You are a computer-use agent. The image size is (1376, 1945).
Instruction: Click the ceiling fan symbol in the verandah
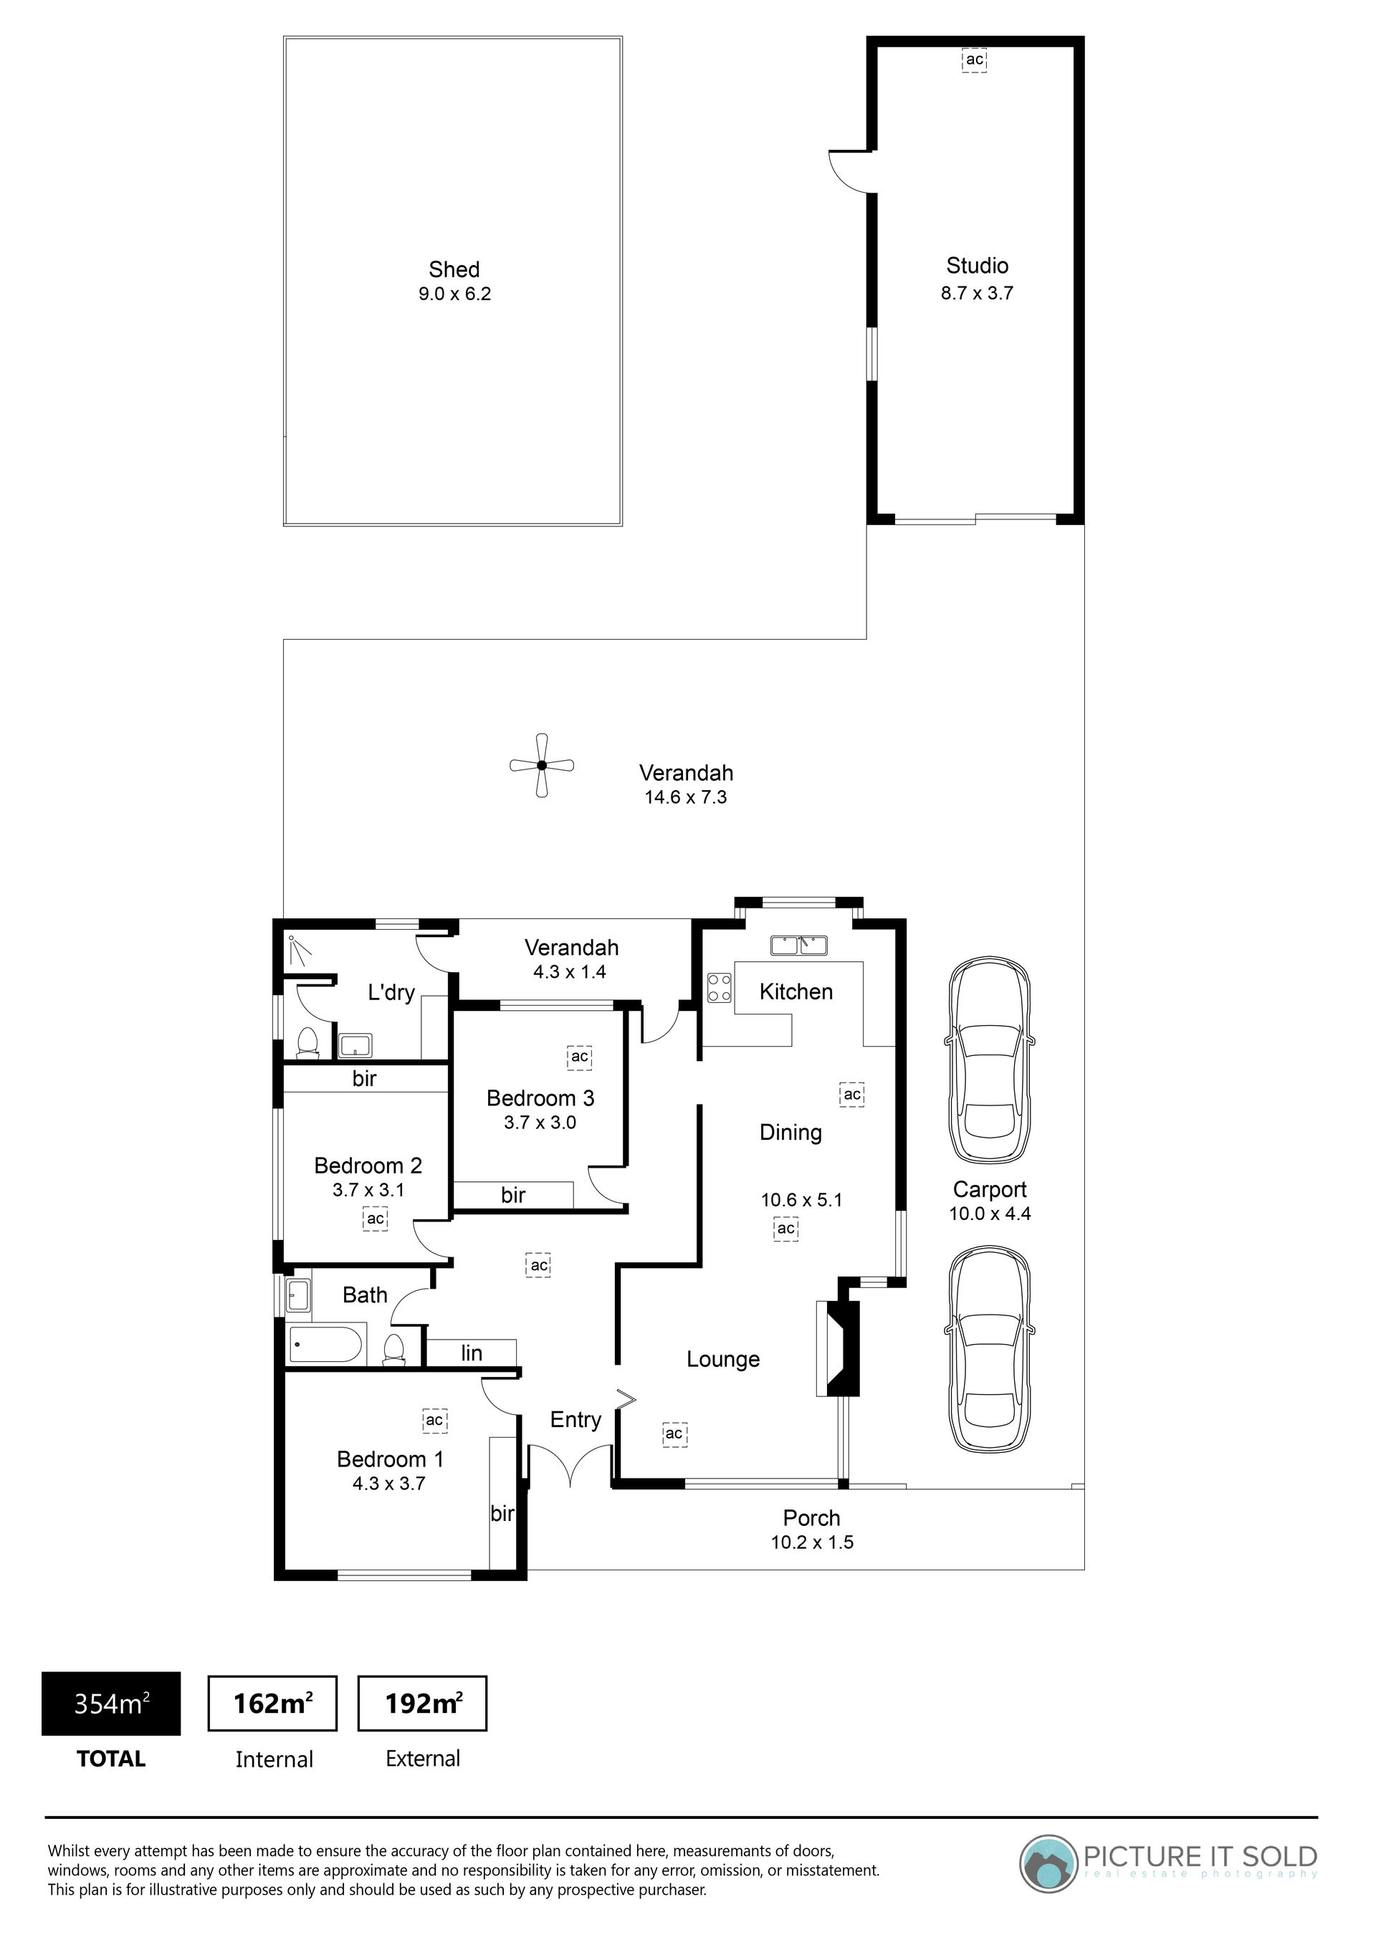543,766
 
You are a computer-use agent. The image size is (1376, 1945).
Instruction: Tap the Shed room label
454,269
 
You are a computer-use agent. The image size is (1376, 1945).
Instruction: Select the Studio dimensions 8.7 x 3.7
977,293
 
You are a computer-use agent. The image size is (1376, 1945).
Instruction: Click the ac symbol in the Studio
975,60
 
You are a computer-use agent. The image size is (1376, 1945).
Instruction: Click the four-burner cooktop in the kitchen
720,988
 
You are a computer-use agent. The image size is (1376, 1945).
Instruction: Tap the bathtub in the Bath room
326,1345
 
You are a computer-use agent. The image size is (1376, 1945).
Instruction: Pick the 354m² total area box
111,1704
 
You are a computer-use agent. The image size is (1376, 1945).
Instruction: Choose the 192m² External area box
423,1703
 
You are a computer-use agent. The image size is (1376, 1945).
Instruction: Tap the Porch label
812,1518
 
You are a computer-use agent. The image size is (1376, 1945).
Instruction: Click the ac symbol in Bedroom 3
580,1057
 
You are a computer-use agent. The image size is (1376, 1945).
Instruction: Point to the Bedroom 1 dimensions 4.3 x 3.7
389,1484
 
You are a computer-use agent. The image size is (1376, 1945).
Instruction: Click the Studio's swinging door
850,172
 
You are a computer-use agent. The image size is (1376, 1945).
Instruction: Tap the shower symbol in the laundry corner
297,950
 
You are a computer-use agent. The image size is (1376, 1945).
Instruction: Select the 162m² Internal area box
273,1703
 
